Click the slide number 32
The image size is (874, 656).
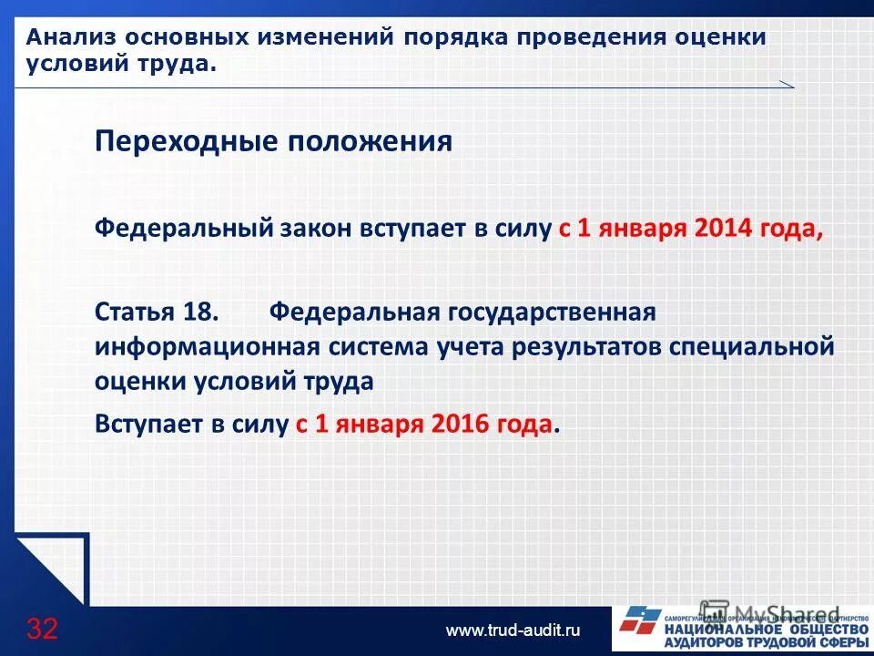coord(42,629)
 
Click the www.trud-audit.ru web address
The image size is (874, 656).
coord(513,630)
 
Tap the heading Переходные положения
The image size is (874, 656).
coord(273,142)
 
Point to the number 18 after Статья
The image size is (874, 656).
coord(199,313)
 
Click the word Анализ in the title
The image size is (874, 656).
coord(68,38)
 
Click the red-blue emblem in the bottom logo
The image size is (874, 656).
coord(638,623)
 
